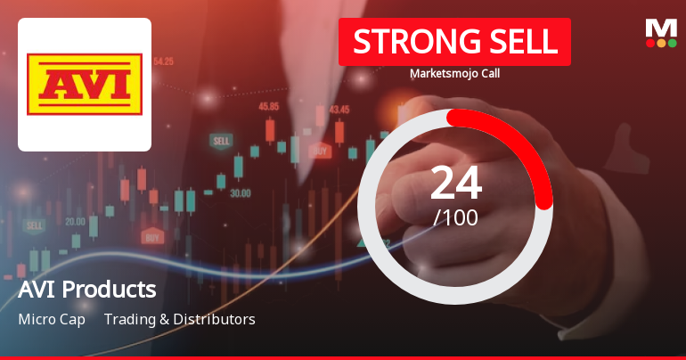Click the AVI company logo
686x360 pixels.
(x=85, y=85)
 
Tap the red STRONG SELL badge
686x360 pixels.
(x=454, y=41)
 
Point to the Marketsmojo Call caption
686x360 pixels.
(x=454, y=74)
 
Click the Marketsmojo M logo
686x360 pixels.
(x=661, y=32)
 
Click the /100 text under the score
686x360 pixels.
(x=455, y=217)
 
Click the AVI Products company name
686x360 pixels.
(x=86, y=290)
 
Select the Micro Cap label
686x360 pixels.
(x=52, y=319)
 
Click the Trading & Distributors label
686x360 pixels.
(x=179, y=319)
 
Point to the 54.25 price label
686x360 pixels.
(x=163, y=61)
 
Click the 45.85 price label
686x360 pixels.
(x=268, y=106)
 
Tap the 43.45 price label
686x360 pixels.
(x=339, y=110)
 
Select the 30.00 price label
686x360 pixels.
(x=240, y=192)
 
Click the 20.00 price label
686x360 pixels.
(x=75, y=221)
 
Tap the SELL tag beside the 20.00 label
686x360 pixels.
(x=35, y=225)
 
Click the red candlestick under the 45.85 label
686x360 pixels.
(x=269, y=131)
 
